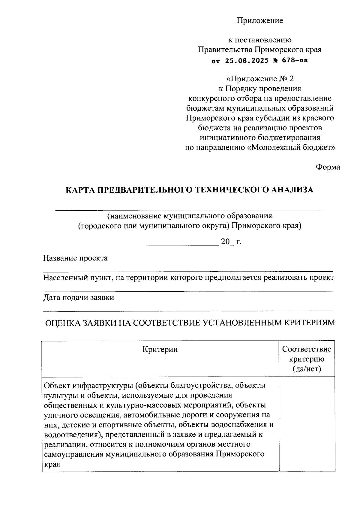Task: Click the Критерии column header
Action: tap(160, 349)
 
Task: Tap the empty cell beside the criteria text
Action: tap(307, 424)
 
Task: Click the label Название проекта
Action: tap(75, 258)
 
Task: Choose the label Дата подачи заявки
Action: tap(78, 298)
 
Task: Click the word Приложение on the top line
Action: tap(260, 21)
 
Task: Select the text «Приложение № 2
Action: tap(260, 79)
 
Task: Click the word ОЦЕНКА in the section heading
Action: tap(62, 323)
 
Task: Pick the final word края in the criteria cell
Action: tap(52, 464)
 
